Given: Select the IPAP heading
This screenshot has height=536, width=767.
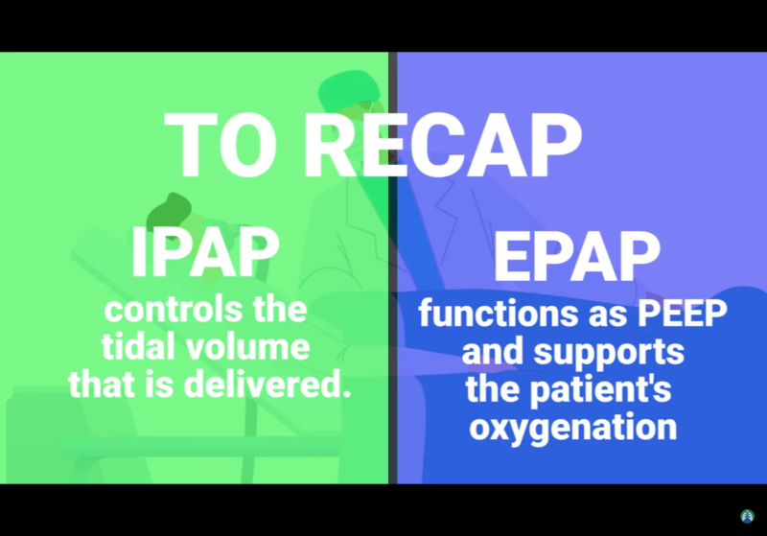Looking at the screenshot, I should coord(205,251).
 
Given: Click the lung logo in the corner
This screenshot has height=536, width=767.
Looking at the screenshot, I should coord(748,517).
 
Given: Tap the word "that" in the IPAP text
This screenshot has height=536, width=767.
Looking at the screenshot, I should coord(101,385).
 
